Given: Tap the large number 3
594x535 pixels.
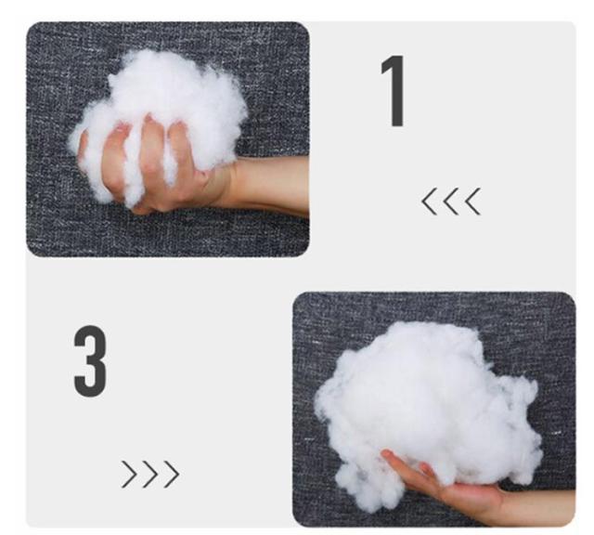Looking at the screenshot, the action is pyautogui.click(x=90, y=361).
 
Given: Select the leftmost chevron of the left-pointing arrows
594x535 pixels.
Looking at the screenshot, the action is pyautogui.click(x=429, y=202).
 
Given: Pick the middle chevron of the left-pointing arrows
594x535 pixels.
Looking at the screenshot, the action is pyautogui.click(x=450, y=202).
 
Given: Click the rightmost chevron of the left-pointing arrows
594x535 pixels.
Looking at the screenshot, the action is pyautogui.click(x=472, y=202).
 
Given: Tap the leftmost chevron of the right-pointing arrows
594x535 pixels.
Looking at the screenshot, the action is pyautogui.click(x=129, y=474).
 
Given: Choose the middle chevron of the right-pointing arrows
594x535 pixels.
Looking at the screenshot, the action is pyautogui.click(x=150, y=474).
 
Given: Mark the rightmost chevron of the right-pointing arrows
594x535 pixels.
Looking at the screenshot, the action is pyautogui.click(x=172, y=474).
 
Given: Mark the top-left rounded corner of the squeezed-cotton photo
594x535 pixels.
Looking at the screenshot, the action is pyautogui.click(x=31, y=27).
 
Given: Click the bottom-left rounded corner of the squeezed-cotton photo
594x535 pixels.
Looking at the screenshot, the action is pyautogui.click(x=31, y=253).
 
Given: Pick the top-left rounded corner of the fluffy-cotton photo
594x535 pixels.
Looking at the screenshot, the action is pyautogui.click(x=297, y=296).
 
